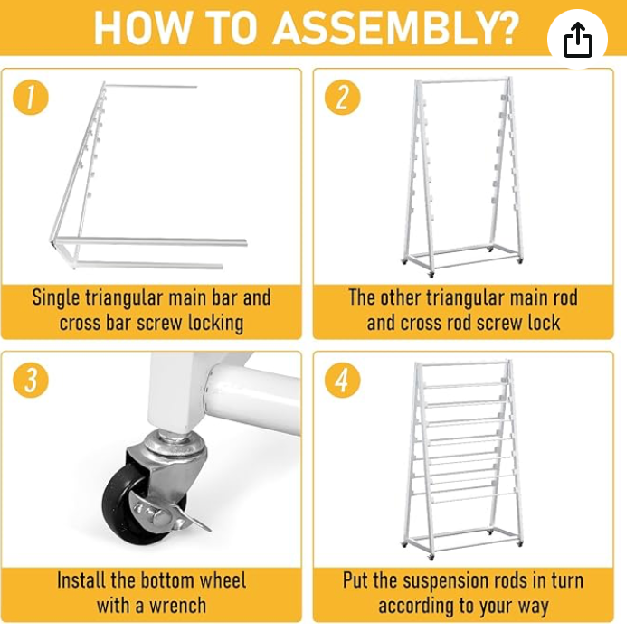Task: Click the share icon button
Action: tap(577, 41)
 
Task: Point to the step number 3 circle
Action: tap(31, 381)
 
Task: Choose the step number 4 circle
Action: tap(342, 381)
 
